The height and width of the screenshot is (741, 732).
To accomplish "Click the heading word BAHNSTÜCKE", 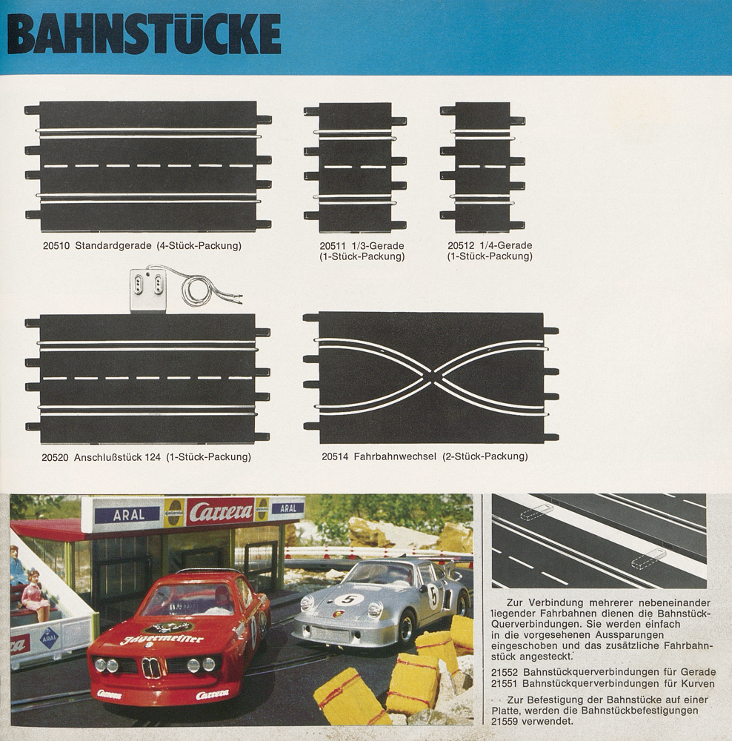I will tap(144, 35).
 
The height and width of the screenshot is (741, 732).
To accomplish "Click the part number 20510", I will tap(56, 245).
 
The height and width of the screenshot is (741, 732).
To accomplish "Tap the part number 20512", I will tap(462, 245).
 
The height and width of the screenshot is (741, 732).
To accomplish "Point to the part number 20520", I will tap(56, 457).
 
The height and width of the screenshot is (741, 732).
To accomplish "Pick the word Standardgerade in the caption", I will tap(113, 245).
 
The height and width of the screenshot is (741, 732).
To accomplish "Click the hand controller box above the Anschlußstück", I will tap(147, 290).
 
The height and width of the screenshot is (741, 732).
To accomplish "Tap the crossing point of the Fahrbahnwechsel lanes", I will tap(432, 377).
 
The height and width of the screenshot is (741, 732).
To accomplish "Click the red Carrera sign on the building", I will tap(220, 511).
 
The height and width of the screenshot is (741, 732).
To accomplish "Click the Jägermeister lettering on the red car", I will tap(162, 639).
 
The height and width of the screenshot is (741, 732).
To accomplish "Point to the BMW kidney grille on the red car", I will tap(152, 668).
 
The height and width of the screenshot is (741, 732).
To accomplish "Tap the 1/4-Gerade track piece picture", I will tap(482, 167).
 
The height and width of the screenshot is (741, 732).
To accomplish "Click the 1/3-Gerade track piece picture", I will tap(355, 167).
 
